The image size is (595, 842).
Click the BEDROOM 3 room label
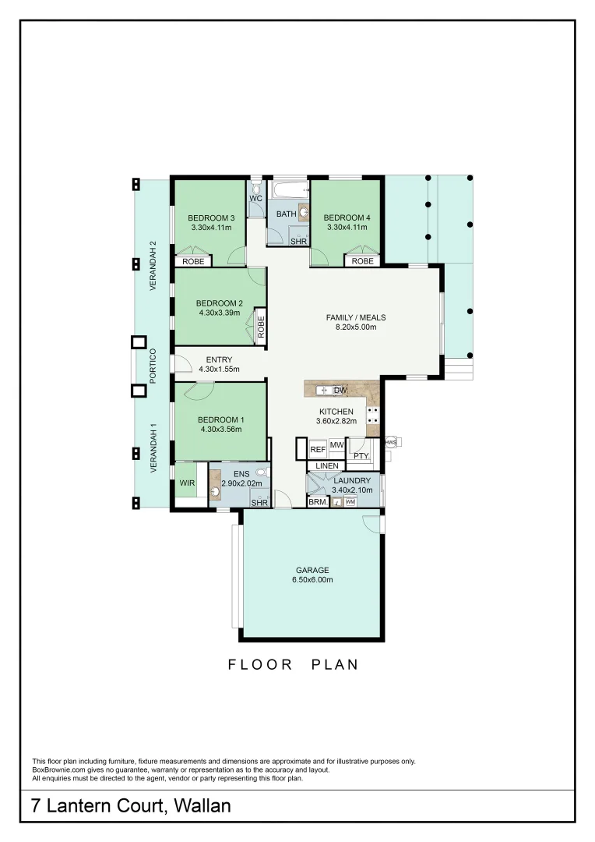pyautogui.click(x=212, y=218)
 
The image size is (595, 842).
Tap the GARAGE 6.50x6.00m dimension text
pyautogui.click(x=312, y=580)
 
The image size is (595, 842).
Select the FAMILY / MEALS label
pyautogui.click(x=355, y=317)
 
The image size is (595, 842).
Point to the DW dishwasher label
pyautogui.click(x=340, y=390)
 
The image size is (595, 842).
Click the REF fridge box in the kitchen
pyautogui.click(x=317, y=450)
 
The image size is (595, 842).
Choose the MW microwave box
pyautogui.click(x=336, y=445)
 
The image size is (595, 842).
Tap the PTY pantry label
pyautogui.click(x=360, y=455)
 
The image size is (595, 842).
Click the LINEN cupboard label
pyautogui.click(x=327, y=466)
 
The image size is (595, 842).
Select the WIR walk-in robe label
pyautogui.click(x=187, y=483)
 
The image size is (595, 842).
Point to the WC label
pyautogui.click(x=255, y=199)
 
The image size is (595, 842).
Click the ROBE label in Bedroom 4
pyautogui.click(x=362, y=261)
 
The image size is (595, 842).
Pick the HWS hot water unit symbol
pyautogui.click(x=391, y=442)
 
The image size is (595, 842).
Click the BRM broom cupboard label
pyautogui.click(x=317, y=503)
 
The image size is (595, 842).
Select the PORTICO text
pyautogui.click(x=153, y=364)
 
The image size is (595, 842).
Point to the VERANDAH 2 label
pyautogui.click(x=153, y=266)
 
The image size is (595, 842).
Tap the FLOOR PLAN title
pyautogui.click(x=294, y=665)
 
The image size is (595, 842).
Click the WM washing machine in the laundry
pyautogui.click(x=350, y=502)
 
